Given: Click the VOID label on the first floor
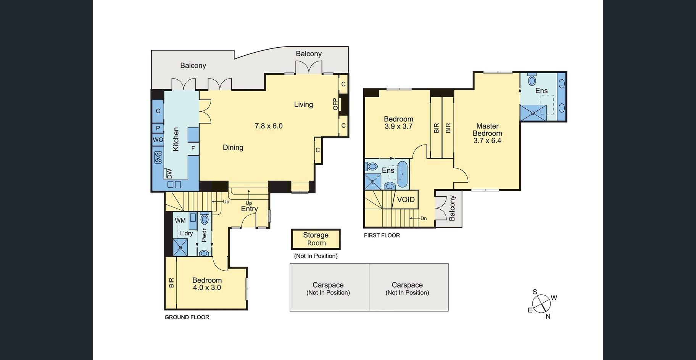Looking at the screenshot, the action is click(x=406, y=199).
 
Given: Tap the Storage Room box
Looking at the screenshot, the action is click(x=316, y=239).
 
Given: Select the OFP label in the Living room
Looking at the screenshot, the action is click(x=335, y=104).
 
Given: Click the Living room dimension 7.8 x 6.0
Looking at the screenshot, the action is click(x=269, y=126).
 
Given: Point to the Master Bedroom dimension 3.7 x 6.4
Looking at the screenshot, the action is click(x=487, y=140).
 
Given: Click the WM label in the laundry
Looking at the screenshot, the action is click(x=180, y=220).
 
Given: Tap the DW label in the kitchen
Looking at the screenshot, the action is click(x=169, y=174).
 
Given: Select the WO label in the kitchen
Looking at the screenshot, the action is click(x=158, y=140).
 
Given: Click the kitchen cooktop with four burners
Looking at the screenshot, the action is click(x=158, y=157).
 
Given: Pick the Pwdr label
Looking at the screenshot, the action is click(x=204, y=235).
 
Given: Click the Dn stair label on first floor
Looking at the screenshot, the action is click(x=424, y=219).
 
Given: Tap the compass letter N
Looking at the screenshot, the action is click(x=548, y=316).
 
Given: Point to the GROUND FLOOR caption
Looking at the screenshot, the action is click(x=187, y=317).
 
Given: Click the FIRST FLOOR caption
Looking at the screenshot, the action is click(x=382, y=235).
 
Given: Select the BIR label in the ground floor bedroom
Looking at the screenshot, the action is click(x=171, y=283).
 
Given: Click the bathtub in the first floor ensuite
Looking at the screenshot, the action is click(x=402, y=174).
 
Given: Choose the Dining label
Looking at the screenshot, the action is click(x=233, y=148).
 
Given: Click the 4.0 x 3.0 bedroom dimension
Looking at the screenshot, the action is click(x=207, y=288).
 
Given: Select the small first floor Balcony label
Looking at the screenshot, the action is click(x=452, y=208).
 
